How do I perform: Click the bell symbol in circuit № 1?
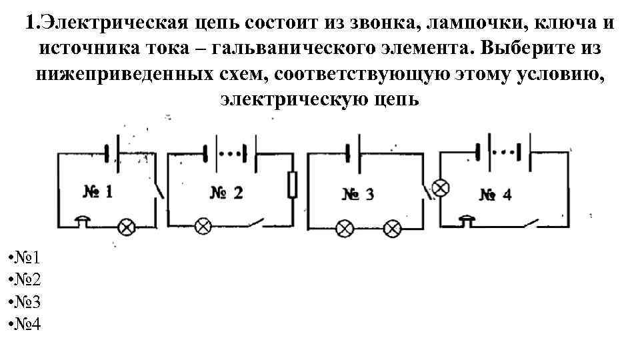click(83, 221)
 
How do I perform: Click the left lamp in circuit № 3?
click(344, 229)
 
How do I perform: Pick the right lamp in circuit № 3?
click(393, 229)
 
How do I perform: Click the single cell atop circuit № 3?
click(353, 153)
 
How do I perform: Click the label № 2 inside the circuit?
click(227, 193)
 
